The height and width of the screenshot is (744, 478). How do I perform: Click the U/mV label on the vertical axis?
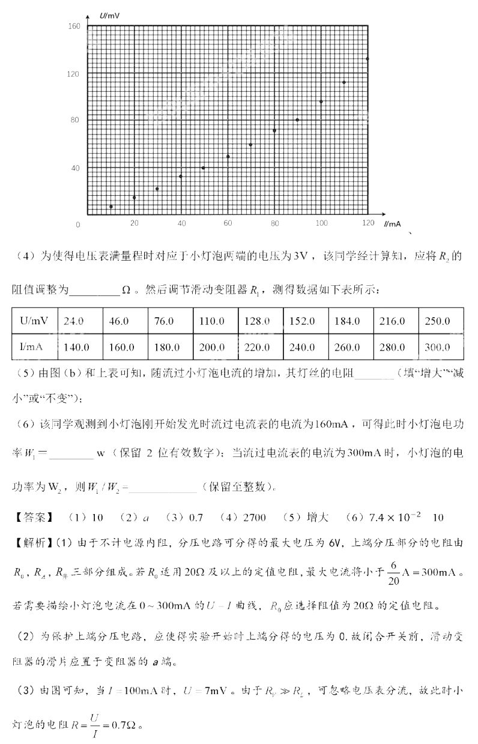tap(110, 13)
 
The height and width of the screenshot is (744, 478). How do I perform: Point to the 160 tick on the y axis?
tap(74, 26)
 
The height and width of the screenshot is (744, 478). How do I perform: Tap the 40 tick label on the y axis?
tap(75, 168)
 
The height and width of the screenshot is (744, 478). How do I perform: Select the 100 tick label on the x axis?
tap(322, 223)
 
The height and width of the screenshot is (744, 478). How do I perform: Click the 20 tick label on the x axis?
tap(135, 223)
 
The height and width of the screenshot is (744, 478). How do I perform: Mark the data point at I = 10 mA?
tap(111, 207)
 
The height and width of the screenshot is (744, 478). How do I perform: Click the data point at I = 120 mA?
tap(368, 59)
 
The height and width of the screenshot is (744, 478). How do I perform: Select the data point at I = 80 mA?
tap(274, 131)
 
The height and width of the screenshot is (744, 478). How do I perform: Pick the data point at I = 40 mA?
tap(181, 176)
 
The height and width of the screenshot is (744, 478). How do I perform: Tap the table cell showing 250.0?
tap(437, 321)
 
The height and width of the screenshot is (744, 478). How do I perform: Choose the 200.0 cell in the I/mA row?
tap(211, 347)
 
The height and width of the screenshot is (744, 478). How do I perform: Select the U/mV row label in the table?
tap(34, 321)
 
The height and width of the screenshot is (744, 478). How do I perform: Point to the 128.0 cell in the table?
tap(257, 321)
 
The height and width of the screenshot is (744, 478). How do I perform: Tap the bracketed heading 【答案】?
tap(32, 517)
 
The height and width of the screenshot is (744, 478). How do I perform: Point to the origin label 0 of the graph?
tap(77, 225)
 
